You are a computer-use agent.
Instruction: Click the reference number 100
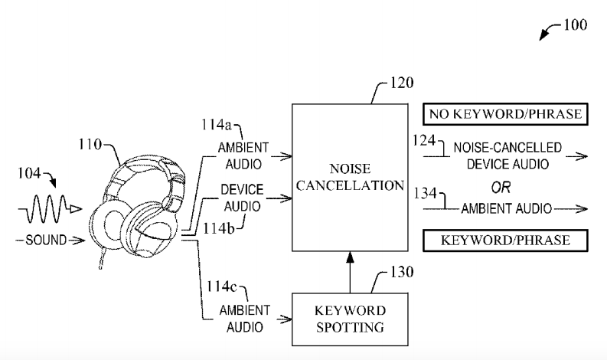pyautogui.click(x=575, y=25)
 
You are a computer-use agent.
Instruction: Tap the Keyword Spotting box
pyautogui.click(x=349, y=320)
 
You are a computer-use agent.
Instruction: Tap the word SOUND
pyautogui.click(x=45, y=240)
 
